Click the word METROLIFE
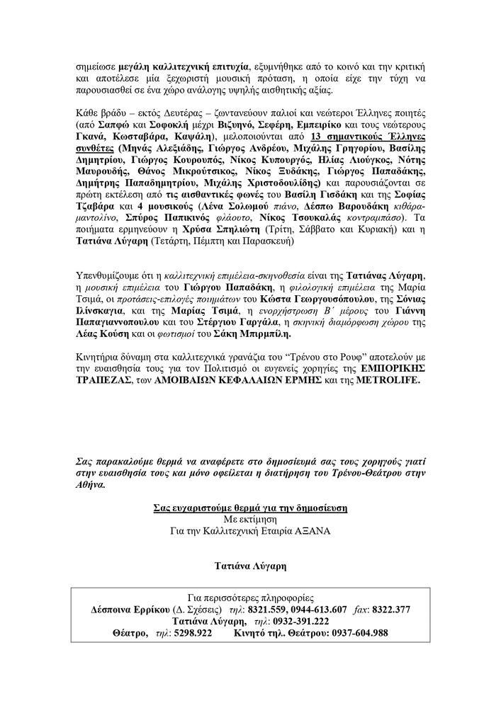pyautogui.click(x=388, y=381)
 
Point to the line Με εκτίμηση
pyautogui.click(x=250, y=518)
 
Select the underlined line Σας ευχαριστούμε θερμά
pyautogui.click(x=249, y=507)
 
